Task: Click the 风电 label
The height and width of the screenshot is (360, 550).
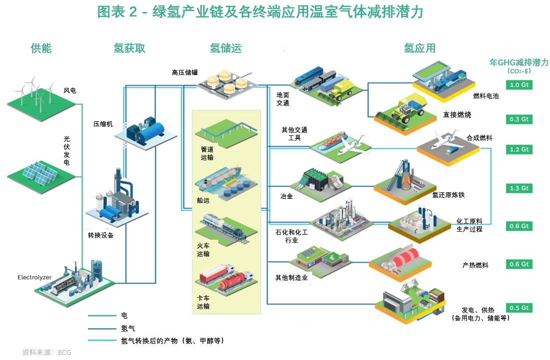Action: (70, 91)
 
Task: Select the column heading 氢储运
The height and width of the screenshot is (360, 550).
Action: (225, 48)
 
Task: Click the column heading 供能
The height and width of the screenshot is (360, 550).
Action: (41, 48)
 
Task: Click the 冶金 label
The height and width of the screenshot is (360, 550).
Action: (287, 197)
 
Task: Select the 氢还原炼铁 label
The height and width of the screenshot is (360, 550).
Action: (448, 195)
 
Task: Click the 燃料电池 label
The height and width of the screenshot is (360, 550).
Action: (486, 96)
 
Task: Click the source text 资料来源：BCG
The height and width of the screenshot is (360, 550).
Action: (47, 353)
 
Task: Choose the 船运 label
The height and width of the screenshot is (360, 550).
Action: (203, 200)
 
